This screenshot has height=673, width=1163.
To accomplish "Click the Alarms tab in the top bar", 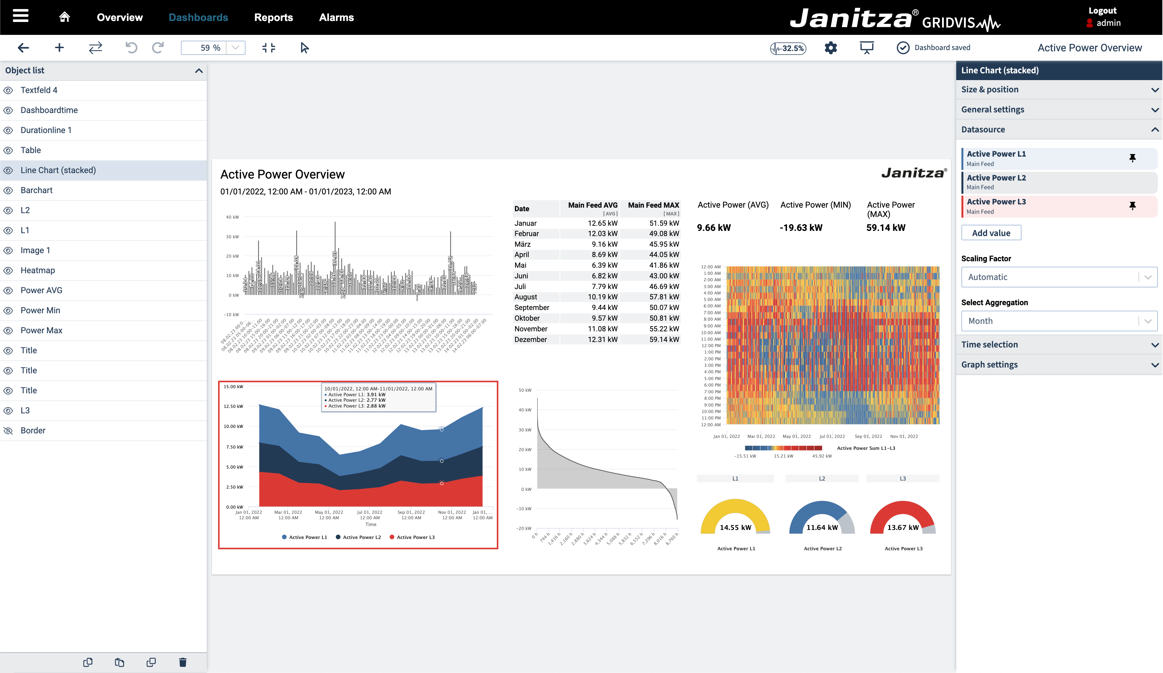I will coord(336,17).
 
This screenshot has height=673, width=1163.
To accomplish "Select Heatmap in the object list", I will coord(37,270).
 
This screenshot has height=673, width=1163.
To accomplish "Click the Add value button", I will coord(991,233).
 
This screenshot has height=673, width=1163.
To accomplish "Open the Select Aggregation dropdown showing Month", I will coord(1059,321).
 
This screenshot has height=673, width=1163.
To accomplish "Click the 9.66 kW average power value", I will coord(714,228).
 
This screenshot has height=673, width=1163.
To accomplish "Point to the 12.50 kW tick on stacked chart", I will coord(234,406).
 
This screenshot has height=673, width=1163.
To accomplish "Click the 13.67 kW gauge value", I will coord(903,527).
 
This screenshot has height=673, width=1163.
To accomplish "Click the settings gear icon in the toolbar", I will coord(831,48).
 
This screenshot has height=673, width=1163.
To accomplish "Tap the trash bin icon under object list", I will coord(183,662).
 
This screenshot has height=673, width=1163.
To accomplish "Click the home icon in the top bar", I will coord(65,17).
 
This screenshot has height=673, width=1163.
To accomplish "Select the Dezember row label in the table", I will coord(531,339).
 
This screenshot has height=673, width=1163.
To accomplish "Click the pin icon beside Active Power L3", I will coord(1132,206).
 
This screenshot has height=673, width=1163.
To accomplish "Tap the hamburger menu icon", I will coord(21,16).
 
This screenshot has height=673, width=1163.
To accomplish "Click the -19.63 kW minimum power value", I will coord(801,228).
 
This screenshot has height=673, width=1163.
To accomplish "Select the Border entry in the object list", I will coord(33,430).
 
